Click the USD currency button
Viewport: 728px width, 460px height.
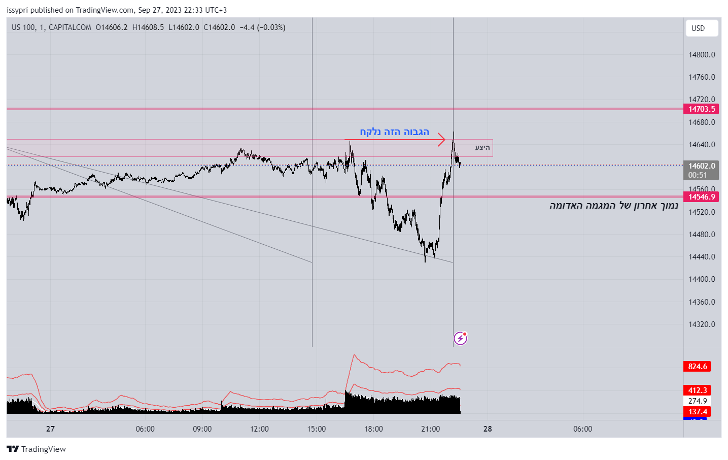pos(701,28)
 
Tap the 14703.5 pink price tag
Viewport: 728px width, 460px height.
pos(701,109)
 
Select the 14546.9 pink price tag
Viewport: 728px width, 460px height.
pos(701,197)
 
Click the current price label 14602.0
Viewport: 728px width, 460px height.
pos(701,166)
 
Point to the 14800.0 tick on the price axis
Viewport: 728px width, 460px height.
pos(702,55)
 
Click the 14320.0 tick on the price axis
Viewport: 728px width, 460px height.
pos(702,324)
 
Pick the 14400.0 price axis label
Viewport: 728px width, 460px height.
pos(702,279)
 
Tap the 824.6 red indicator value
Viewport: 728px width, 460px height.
pos(697,367)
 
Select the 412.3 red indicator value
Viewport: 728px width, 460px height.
pos(697,390)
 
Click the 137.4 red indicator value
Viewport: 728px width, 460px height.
pos(697,412)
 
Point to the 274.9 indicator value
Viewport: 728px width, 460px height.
pos(697,401)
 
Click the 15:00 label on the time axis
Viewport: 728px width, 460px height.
pos(317,429)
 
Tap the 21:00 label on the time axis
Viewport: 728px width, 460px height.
pos(431,429)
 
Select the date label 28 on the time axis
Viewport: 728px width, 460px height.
pos(488,429)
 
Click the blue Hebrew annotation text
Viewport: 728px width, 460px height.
pos(394,132)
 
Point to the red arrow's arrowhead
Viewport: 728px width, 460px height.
pos(443,140)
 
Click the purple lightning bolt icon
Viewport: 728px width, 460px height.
pos(460,338)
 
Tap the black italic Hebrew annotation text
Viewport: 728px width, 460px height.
pos(613,206)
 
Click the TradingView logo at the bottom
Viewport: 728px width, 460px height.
pos(37,449)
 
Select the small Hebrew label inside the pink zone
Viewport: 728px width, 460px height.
pos(482,148)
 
